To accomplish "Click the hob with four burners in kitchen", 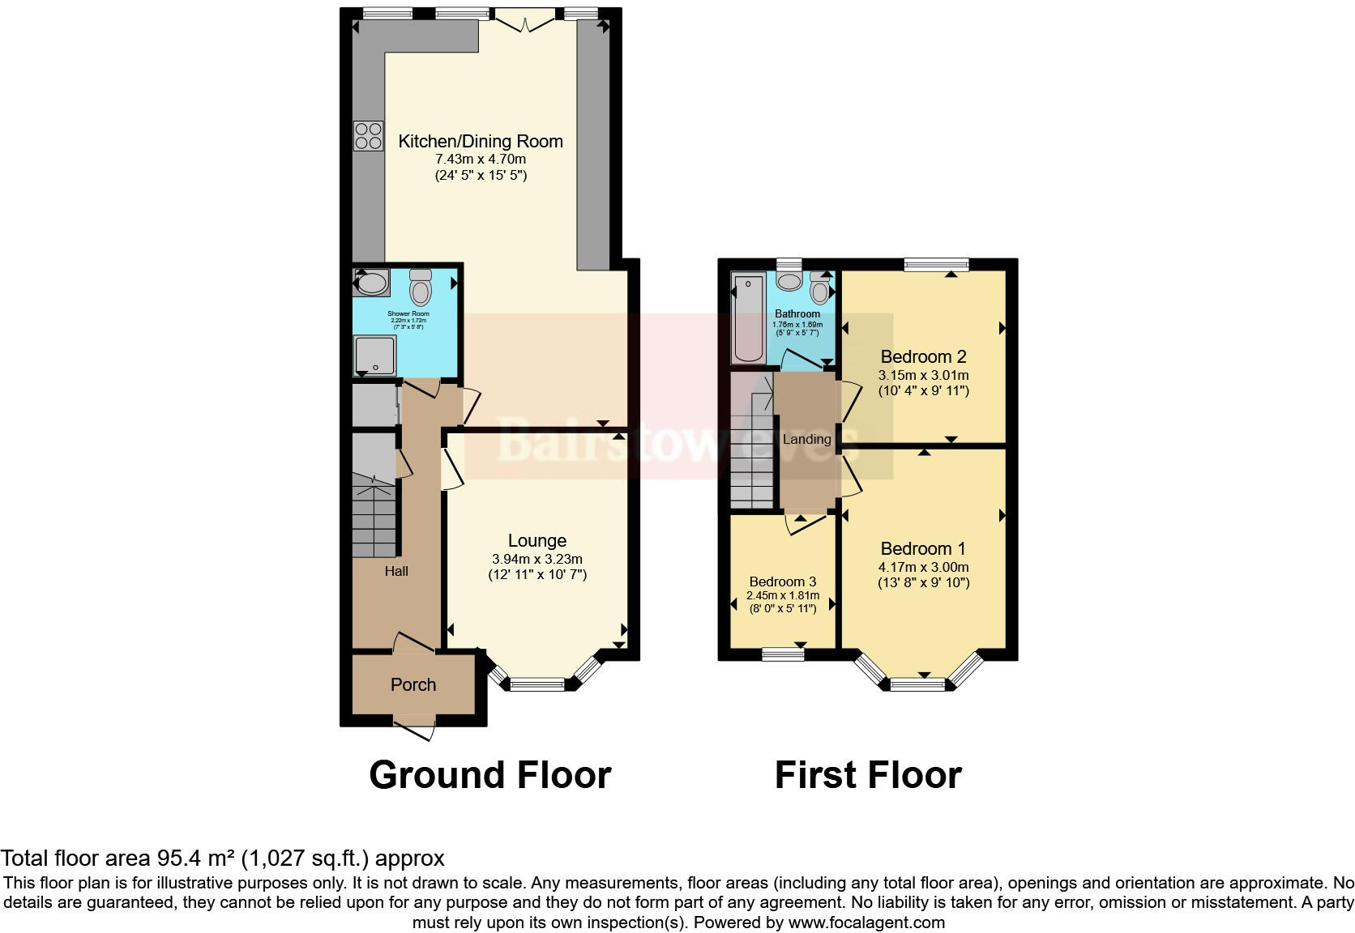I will click(x=368, y=135).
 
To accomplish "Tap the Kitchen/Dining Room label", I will click(x=480, y=142).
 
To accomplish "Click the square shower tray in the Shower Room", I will click(x=374, y=356).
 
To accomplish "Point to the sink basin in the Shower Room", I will click(x=372, y=283).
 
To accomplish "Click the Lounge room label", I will click(x=536, y=541).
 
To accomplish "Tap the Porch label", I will click(x=413, y=685).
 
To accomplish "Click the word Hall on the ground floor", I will click(x=396, y=572).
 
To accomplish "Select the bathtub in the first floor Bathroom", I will click(x=747, y=318).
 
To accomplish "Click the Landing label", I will click(x=807, y=440).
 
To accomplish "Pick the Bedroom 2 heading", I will click(x=923, y=357).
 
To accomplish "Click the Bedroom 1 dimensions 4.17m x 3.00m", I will click(x=923, y=568).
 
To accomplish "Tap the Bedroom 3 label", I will click(x=782, y=582).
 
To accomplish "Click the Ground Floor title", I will click(x=489, y=775).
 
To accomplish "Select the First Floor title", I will click(x=868, y=775).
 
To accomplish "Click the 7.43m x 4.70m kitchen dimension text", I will click(x=480, y=160).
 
